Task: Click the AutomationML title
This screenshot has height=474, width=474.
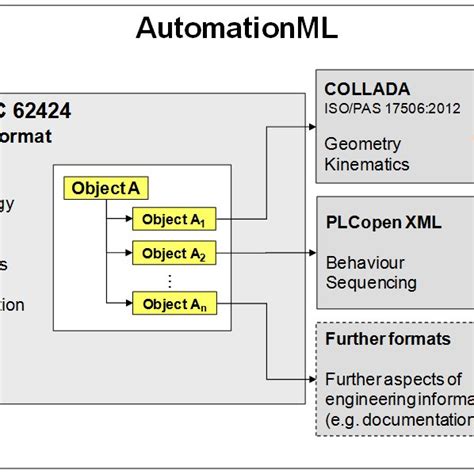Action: [x=236, y=29]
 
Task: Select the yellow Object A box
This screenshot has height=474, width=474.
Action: [x=100, y=187]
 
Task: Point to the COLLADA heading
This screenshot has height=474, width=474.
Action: [x=366, y=89]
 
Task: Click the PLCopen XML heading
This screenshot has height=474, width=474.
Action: [x=384, y=222]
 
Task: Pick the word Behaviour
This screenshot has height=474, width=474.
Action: [x=365, y=262]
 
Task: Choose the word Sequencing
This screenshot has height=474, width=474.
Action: [x=371, y=282]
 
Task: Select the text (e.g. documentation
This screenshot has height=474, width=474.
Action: [x=398, y=418]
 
